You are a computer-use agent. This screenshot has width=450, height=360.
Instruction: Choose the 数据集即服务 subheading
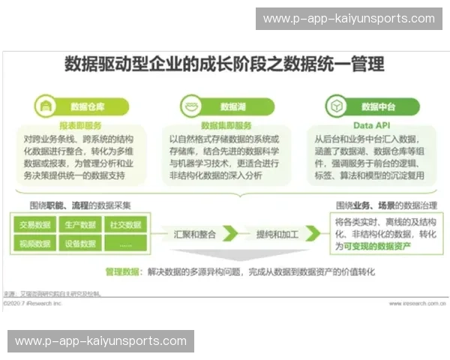226,125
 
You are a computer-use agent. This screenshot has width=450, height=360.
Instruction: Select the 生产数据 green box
80,224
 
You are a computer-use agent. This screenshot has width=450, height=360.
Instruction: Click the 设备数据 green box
80,243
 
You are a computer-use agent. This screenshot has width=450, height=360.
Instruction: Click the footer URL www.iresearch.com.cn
418,304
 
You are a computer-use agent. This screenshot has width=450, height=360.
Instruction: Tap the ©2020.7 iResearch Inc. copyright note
33,304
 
